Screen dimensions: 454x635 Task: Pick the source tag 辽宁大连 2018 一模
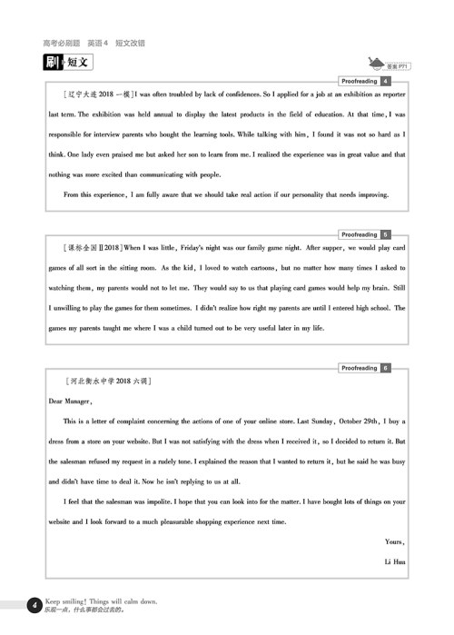[x=98, y=94]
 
